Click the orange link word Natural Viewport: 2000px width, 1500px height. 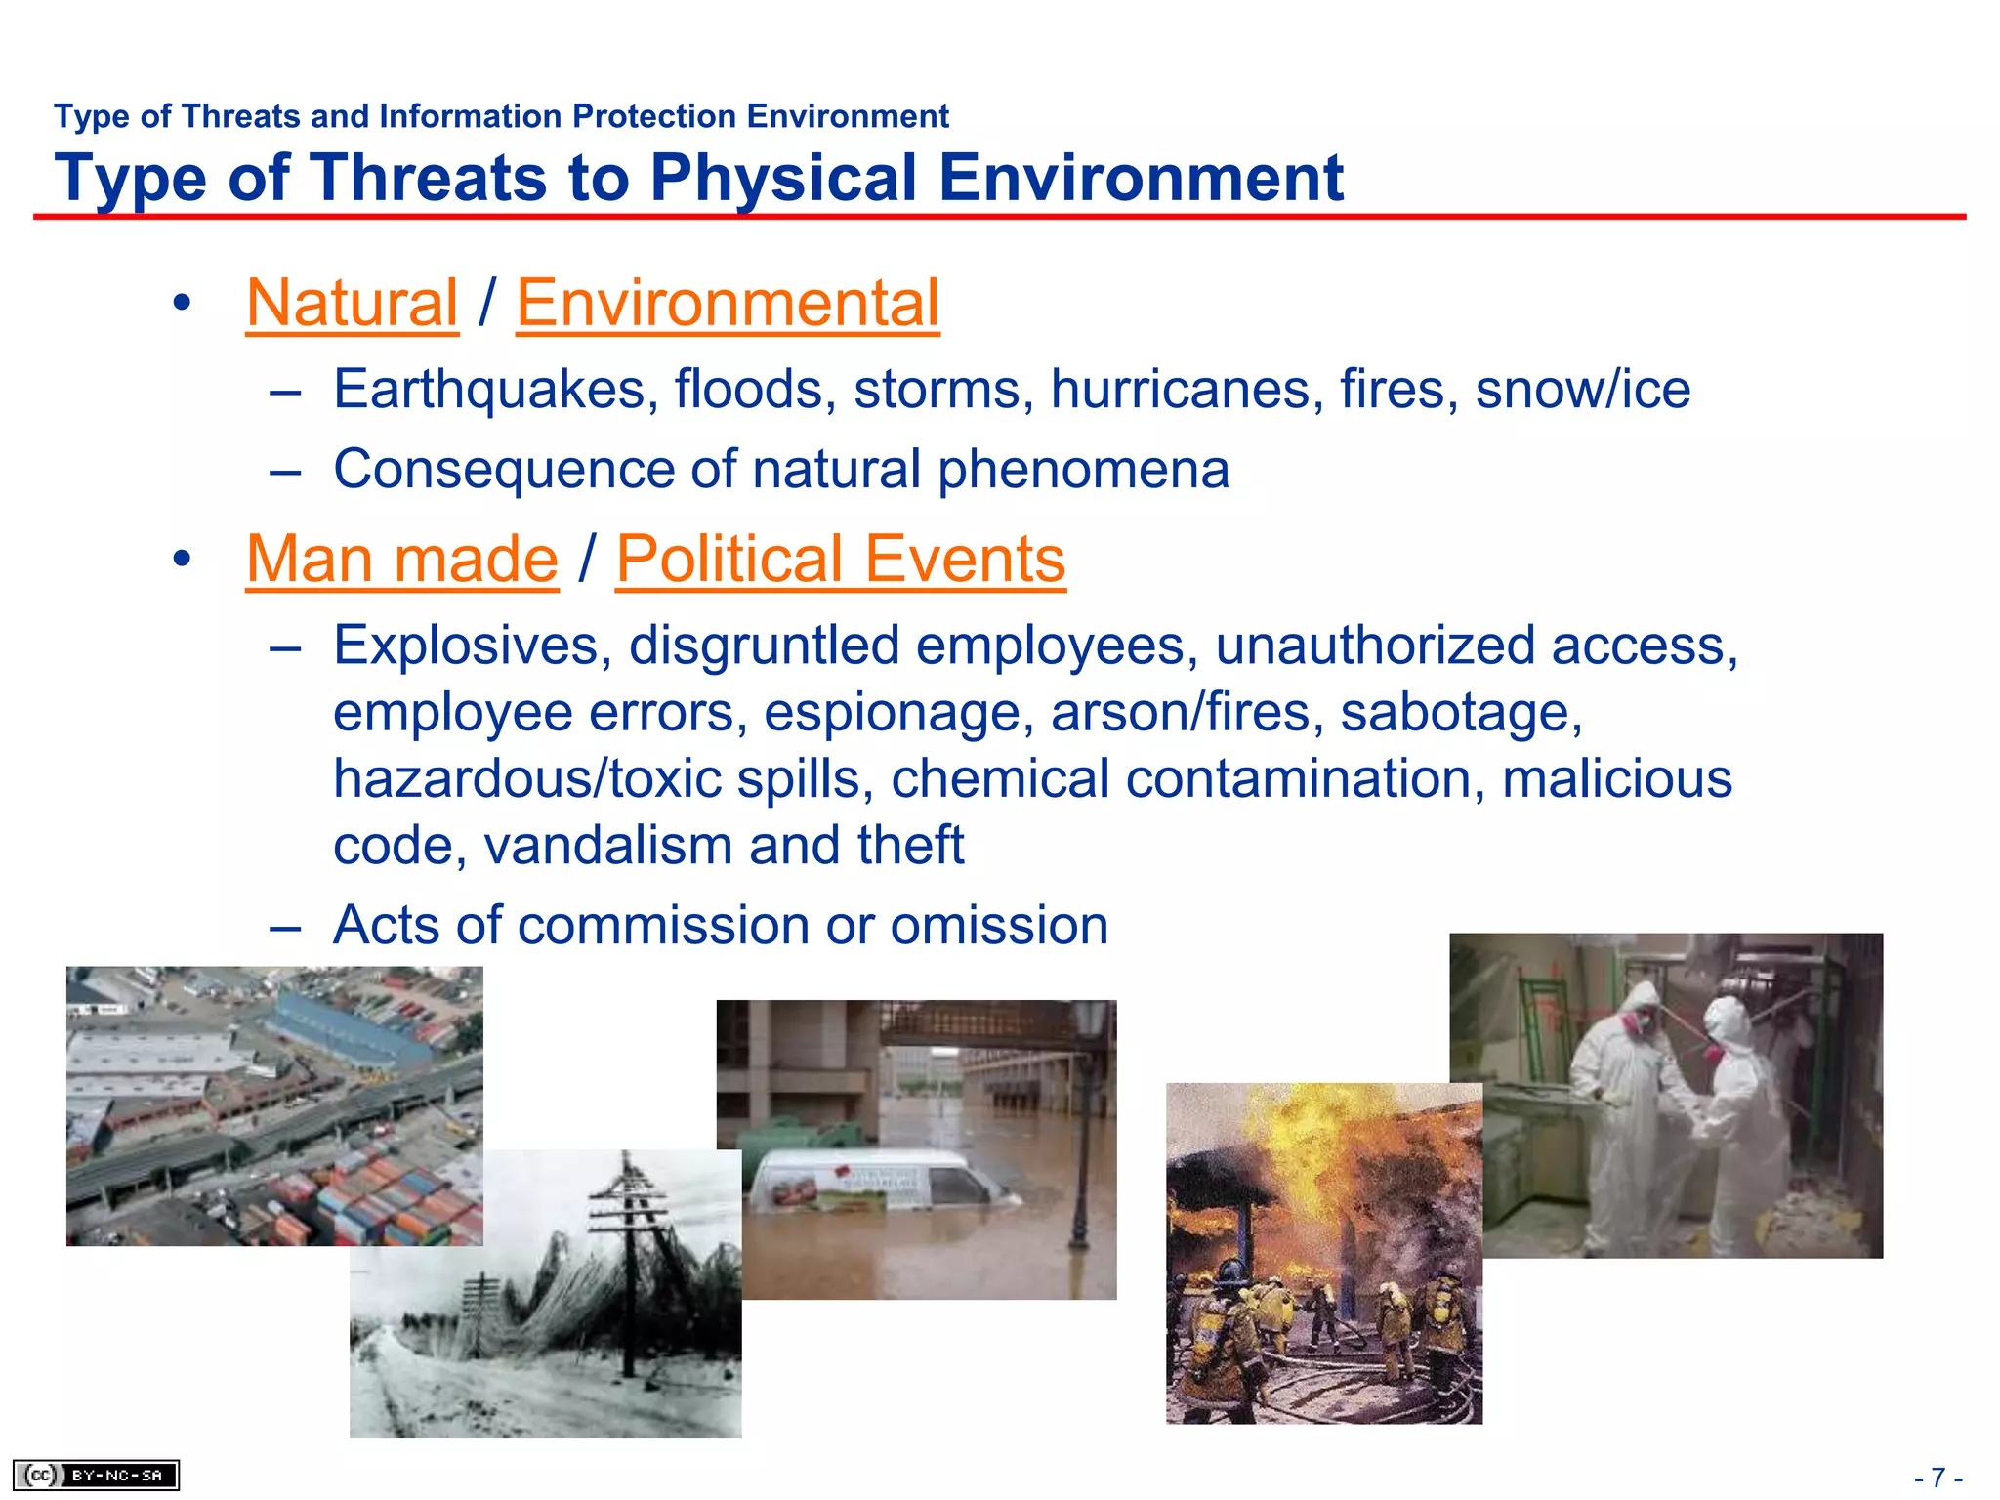[x=352, y=303]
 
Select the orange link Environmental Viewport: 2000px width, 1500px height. [x=728, y=303]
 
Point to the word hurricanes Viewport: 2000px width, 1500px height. [x=1186, y=390]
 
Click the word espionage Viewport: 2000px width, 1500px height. [x=897, y=712]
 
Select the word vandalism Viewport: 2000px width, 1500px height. [x=606, y=845]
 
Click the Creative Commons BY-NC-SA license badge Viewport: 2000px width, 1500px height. [x=96, y=1475]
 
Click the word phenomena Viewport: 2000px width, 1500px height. [x=1082, y=470]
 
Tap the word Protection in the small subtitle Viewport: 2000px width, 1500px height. [x=654, y=116]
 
